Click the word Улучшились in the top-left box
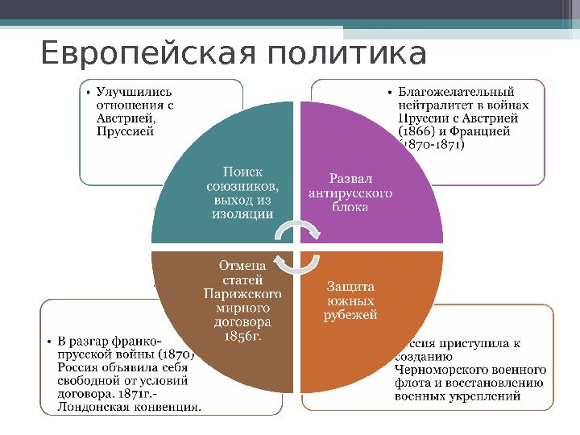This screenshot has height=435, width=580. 134,91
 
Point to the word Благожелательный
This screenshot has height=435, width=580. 456,91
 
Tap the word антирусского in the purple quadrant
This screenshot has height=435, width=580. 350,193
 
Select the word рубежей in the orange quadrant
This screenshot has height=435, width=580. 350,315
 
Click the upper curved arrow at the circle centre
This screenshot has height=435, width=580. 297,231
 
